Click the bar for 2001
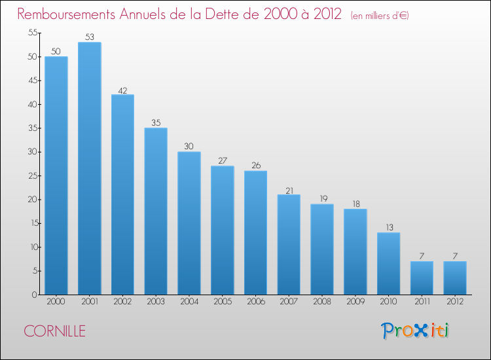[x=90, y=168]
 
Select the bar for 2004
[x=189, y=223]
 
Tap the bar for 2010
[x=389, y=264]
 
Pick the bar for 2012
[x=455, y=278]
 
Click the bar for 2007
[x=289, y=245]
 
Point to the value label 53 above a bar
[x=90, y=37]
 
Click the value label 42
[x=123, y=90]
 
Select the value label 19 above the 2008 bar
[x=324, y=198]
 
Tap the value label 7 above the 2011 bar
[x=422, y=256]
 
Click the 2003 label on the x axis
[x=156, y=301]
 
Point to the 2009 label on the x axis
[x=355, y=301]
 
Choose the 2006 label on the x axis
[x=256, y=301]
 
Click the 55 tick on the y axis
[x=33, y=32]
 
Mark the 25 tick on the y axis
[x=33, y=175]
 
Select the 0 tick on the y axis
[x=35, y=295]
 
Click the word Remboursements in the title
[x=66, y=14]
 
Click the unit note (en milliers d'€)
[x=380, y=16]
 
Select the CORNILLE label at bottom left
[x=55, y=331]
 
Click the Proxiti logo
[x=415, y=331]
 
